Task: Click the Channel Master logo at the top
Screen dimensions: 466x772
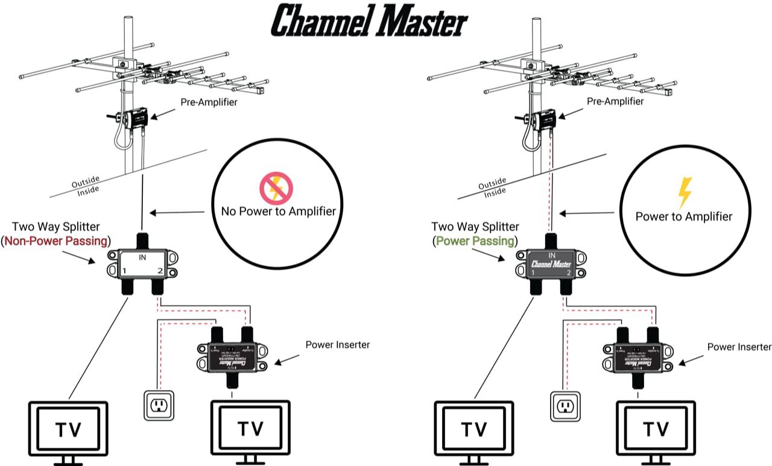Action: (369, 21)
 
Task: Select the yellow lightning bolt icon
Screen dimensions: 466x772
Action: (684, 192)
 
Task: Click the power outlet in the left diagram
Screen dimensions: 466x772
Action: (159, 405)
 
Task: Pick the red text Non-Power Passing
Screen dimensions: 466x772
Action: (57, 241)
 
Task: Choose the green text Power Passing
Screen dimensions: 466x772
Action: (475, 241)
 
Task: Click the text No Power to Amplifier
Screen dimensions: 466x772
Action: (274, 211)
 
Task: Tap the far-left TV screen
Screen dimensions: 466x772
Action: (69, 429)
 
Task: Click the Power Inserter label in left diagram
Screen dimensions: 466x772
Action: (337, 345)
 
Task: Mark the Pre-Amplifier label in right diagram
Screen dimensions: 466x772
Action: (615, 101)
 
